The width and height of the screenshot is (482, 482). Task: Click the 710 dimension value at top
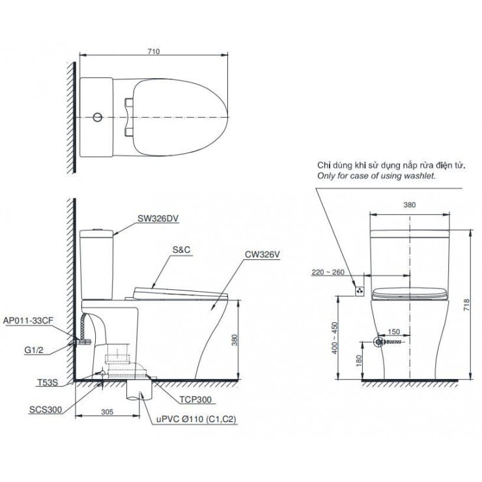click(153, 51)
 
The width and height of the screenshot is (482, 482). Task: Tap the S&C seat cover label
click(181, 249)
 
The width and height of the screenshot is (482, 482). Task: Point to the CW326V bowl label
click(262, 255)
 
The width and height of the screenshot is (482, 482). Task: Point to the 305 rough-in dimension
click(107, 412)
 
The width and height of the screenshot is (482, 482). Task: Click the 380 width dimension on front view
click(409, 204)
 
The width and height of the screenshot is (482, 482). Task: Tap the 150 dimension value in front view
click(395, 332)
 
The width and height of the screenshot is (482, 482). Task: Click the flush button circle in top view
click(97, 117)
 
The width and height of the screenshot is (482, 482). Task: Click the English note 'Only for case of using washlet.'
click(376, 176)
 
